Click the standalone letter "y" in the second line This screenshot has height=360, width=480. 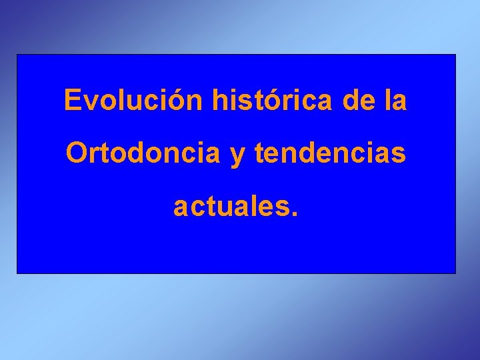(237, 156)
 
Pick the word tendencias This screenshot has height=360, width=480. (329, 153)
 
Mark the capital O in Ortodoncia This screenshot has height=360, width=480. (76, 153)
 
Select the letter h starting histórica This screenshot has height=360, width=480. (219, 101)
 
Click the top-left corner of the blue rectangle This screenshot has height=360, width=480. (17, 55)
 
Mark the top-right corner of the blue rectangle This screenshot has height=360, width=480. (455, 55)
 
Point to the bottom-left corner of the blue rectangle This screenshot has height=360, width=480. (17, 273)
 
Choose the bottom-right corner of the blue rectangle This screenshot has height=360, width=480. (455, 273)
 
